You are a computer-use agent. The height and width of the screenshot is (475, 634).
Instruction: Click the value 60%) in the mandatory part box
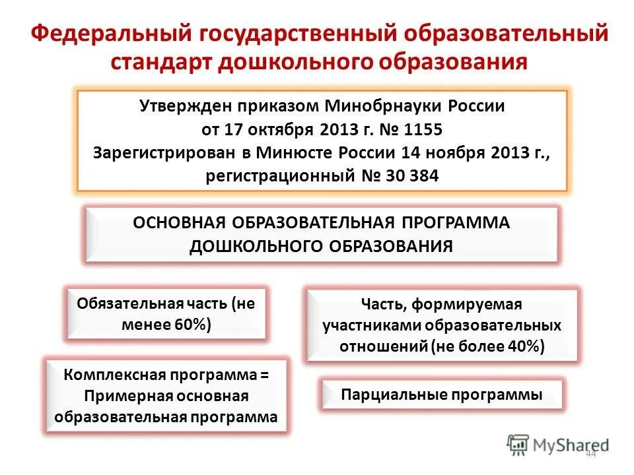194,325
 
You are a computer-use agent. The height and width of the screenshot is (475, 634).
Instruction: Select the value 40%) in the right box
526,347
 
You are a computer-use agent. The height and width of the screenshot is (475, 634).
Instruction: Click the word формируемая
468,305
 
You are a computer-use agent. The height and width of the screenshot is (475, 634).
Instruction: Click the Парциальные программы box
441,395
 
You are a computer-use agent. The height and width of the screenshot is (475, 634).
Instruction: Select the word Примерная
125,396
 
